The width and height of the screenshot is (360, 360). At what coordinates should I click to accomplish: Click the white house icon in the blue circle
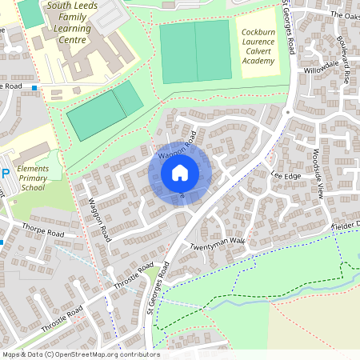click(x=180, y=172)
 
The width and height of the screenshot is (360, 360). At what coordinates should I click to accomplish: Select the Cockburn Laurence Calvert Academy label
click(x=263, y=46)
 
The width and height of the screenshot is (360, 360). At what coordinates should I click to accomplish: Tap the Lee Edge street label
click(x=285, y=174)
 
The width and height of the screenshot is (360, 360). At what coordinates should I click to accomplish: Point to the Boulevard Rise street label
click(x=346, y=64)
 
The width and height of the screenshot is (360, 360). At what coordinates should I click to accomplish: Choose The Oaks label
click(x=344, y=15)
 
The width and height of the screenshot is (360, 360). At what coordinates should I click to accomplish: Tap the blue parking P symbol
click(x=6, y=174)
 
